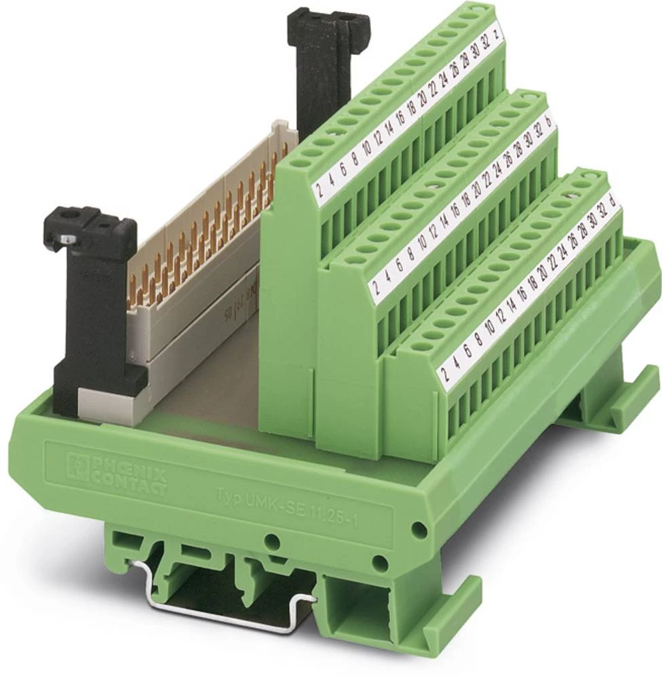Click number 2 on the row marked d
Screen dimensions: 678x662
(445, 372)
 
